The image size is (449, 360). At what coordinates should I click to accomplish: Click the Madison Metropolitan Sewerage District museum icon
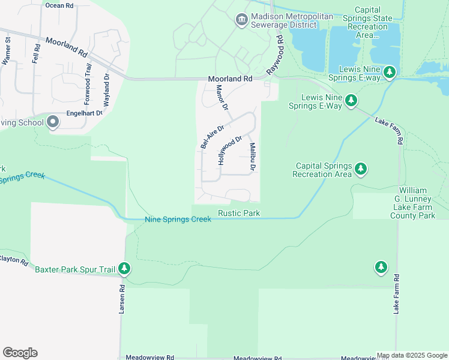click(241, 20)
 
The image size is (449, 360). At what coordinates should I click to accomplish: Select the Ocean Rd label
click(59, 5)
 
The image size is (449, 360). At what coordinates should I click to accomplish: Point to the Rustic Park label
click(238, 213)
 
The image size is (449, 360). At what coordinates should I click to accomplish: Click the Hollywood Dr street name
click(230, 151)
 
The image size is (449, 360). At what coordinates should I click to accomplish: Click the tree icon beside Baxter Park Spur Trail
click(124, 268)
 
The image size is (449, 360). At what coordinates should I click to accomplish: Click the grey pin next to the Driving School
click(53, 122)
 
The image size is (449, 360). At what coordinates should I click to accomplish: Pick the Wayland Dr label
click(106, 90)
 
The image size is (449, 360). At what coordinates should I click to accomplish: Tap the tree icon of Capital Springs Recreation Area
click(361, 169)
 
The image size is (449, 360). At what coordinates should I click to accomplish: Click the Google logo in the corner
click(20, 353)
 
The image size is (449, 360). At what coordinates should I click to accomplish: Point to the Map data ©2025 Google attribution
click(412, 355)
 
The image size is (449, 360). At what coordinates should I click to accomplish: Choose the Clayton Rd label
click(13, 262)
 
